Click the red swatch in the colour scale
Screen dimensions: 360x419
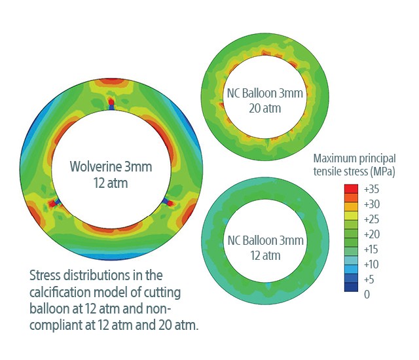click(351, 189)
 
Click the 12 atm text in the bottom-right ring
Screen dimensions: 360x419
click(264, 254)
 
